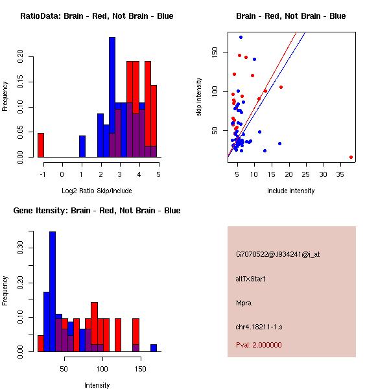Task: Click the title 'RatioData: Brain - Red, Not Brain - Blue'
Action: click(x=97, y=16)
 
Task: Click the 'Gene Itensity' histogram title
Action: click(x=97, y=211)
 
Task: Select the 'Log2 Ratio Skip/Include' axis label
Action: click(x=97, y=191)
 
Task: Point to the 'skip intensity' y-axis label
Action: click(x=200, y=97)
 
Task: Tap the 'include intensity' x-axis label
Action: click(x=291, y=191)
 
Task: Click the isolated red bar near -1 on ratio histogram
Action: click(x=41, y=145)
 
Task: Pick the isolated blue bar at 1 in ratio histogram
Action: click(x=82, y=147)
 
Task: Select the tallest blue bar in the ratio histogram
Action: click(x=112, y=97)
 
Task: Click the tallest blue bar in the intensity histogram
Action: click(x=53, y=292)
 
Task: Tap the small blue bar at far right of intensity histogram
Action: click(x=154, y=348)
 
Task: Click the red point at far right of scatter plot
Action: click(x=351, y=157)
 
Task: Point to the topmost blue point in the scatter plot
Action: click(x=241, y=38)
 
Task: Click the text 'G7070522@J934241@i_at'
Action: click(x=278, y=254)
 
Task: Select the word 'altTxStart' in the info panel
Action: click(x=251, y=279)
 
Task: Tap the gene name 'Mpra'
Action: click(x=244, y=302)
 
